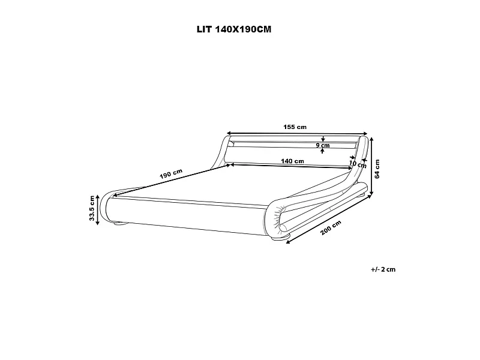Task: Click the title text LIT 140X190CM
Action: coord(239,29)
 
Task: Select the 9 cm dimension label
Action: coord(323,145)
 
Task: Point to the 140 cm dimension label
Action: coord(292,161)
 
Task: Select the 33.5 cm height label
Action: coord(92,209)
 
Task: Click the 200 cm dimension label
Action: coord(331,228)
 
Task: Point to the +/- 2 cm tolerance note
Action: coord(383,269)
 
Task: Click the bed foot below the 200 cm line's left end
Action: coord(278,239)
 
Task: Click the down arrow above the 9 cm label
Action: coord(323,139)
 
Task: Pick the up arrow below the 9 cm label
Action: coord(323,151)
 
